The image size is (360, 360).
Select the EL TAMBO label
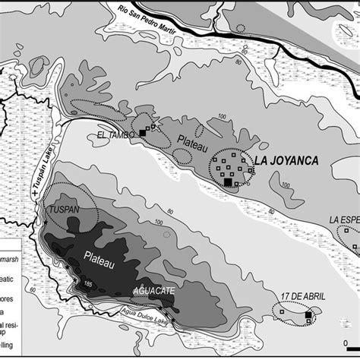pos(116,135)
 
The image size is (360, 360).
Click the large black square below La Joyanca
pos(227,182)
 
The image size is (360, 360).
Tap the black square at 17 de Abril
pos(308,315)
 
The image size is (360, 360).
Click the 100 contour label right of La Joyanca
pos(286,185)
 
